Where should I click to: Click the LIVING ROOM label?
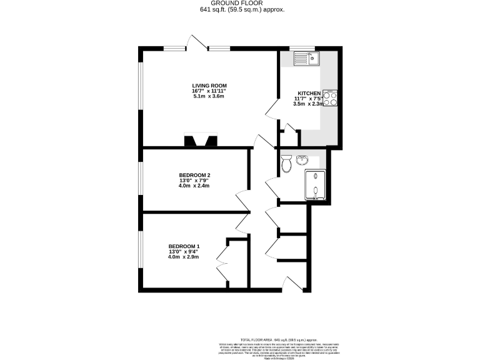[209, 86]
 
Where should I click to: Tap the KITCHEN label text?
[309, 92]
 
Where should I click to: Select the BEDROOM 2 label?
[194, 174]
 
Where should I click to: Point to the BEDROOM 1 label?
[184, 246]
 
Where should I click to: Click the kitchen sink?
[306, 59]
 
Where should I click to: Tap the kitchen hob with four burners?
[330, 99]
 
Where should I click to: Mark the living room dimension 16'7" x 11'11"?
[209, 91]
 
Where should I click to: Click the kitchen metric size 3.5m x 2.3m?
[309, 104]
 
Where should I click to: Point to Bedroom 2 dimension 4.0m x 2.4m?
[194, 186]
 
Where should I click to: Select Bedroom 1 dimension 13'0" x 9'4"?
[184, 251]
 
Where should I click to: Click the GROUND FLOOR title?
[240, 3]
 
